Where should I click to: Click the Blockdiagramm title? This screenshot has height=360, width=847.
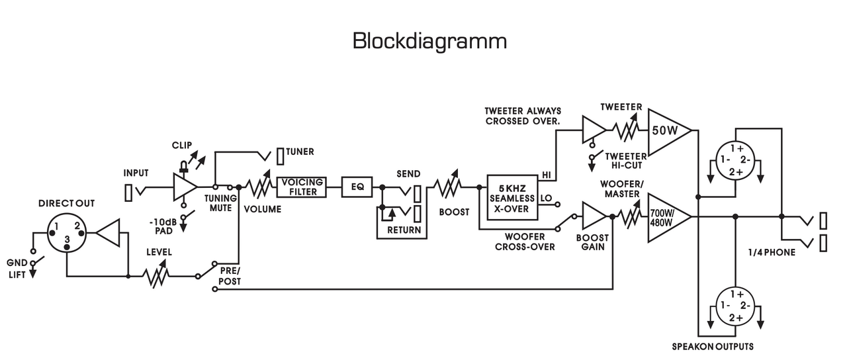(429, 41)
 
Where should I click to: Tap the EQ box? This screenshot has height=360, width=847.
(357, 187)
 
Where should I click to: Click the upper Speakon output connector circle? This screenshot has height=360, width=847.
(735, 160)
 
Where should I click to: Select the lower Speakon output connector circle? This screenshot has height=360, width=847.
(735, 306)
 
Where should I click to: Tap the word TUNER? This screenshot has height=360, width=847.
(300, 152)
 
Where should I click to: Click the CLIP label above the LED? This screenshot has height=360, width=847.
(182, 144)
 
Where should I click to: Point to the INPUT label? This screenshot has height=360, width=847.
(136, 173)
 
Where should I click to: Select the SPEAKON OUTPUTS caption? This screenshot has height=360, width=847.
(713, 346)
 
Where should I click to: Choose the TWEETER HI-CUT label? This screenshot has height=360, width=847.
(625, 160)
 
